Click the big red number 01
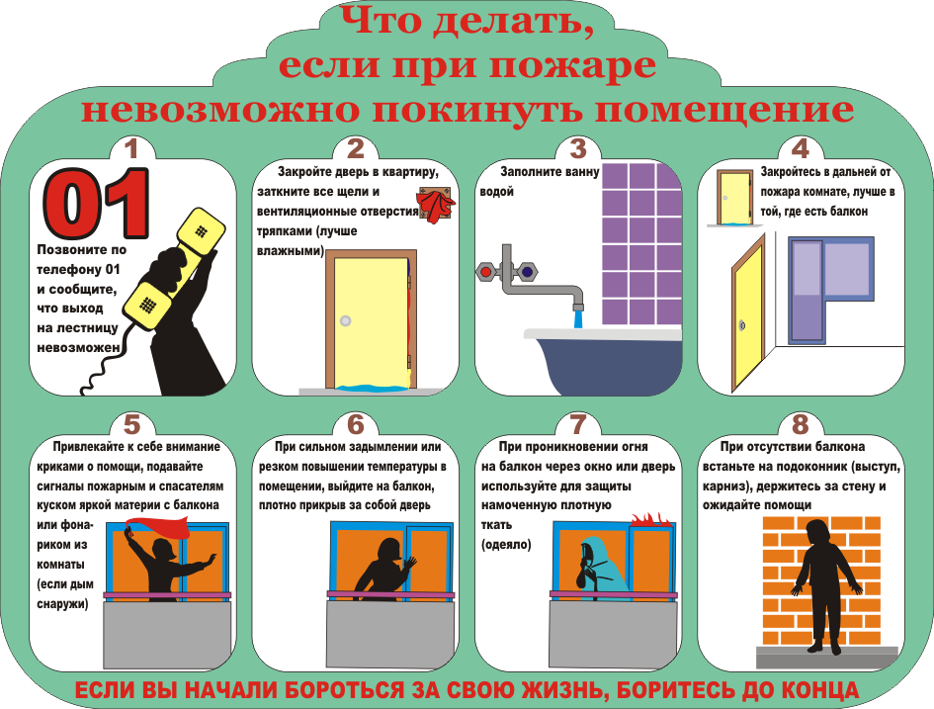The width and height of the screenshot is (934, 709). pos(96,204)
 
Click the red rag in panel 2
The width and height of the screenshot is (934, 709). pos(436,205)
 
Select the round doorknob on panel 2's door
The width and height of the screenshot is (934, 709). pos(346,321)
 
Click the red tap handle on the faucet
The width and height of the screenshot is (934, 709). pos(486,272)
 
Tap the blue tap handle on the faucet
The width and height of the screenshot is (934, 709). pos(527,272)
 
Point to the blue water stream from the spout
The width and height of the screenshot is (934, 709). pos(578,317)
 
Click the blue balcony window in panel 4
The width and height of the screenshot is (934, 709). pos(831,290)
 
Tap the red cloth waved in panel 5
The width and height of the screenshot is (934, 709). pos(160,527)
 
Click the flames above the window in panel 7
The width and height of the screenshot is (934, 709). pos(649,519)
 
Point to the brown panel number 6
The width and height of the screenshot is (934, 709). pos(356,425)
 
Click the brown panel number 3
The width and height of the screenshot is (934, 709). pos(578,149)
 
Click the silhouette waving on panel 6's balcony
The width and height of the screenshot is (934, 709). pos(386,569)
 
